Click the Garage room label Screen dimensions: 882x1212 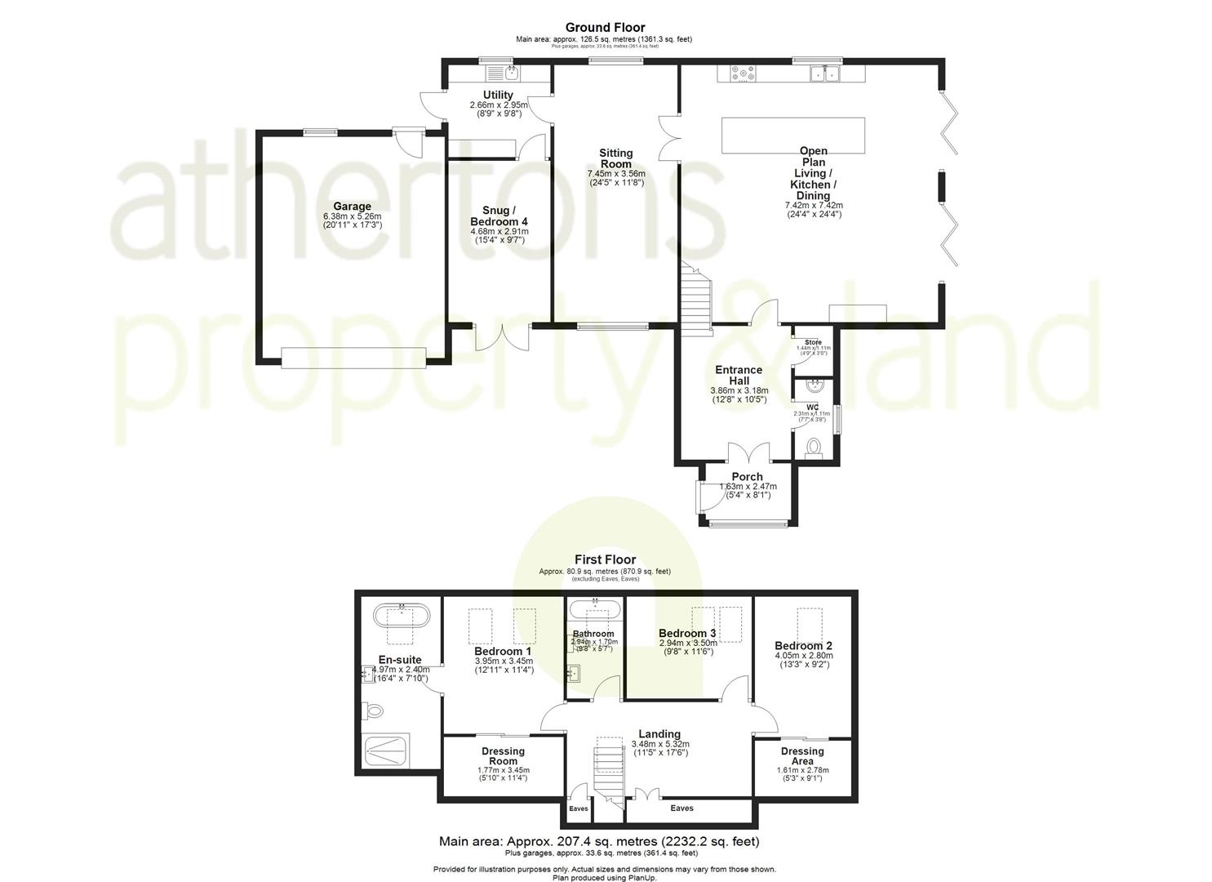coord(352,207)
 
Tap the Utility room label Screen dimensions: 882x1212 coord(498,96)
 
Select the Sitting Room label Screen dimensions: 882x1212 coord(615,158)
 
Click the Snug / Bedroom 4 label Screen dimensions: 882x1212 coord(499,216)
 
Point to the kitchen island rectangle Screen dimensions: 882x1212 coord(792,135)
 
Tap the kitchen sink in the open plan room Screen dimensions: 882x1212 coord(825,74)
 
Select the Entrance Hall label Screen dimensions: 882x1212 coord(739,376)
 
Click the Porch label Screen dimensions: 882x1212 coord(747,477)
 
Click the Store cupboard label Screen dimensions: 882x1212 coord(813,342)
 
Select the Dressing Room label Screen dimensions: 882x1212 coord(503,756)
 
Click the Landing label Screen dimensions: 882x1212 coord(659,734)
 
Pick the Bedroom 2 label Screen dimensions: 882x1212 coord(803,646)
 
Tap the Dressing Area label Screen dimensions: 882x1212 coord(802,756)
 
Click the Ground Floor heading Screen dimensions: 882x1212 coord(605,28)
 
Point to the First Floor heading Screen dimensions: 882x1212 coord(605,559)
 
